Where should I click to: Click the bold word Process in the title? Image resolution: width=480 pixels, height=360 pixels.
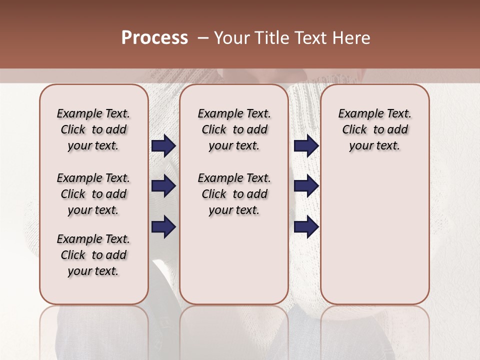pos(154,38)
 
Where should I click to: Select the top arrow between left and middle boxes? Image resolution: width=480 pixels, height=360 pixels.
pos(163,146)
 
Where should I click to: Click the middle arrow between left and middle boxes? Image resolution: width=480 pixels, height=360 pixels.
pos(163,186)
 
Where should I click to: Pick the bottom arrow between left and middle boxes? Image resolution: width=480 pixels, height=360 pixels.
pos(163,227)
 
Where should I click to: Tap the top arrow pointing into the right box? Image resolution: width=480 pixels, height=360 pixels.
pos(306,146)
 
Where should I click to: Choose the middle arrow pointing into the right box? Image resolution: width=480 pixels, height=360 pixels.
pos(306,186)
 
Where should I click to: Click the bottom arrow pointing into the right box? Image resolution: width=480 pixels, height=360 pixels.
pos(306,227)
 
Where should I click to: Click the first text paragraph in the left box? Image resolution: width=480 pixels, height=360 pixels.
pos(93,129)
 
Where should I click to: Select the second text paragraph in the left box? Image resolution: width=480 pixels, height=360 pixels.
pos(93,194)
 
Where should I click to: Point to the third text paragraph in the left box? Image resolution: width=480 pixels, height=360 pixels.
pos(93,255)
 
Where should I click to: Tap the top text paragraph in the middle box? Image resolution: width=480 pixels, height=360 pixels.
pos(234,129)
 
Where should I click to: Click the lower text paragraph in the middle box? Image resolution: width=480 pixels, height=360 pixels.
pos(234,194)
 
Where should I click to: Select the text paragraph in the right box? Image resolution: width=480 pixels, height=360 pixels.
pos(374,129)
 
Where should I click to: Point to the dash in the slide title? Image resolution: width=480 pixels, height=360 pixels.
pos(203,38)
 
